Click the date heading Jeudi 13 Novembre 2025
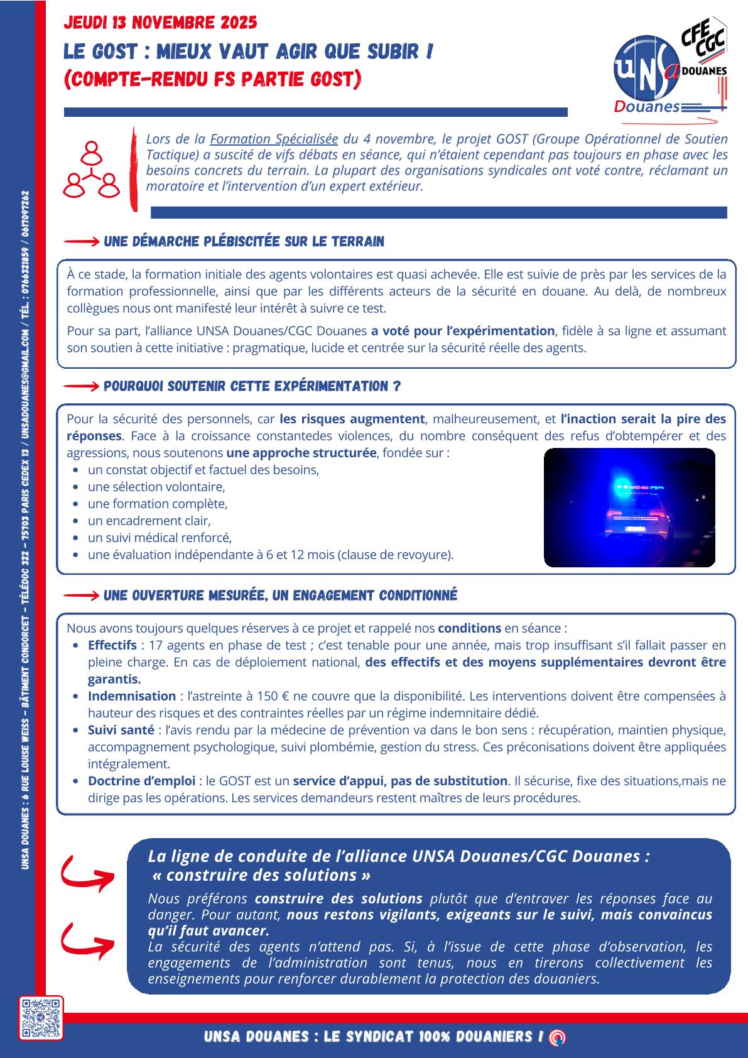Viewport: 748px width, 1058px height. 161,23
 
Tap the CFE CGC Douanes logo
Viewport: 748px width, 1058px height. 703,50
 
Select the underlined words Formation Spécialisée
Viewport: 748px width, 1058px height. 274,139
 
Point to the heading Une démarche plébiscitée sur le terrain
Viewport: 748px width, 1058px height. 244,242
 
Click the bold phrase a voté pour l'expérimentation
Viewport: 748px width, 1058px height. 462,331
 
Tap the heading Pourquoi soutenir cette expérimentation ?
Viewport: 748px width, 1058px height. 252,386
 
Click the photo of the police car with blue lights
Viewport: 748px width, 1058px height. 629,508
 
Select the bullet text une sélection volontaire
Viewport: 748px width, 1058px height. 156,487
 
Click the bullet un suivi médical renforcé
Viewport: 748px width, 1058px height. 160,538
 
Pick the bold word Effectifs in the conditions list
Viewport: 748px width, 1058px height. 112,645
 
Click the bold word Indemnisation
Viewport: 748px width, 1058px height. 132,696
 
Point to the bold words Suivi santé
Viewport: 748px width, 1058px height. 121,730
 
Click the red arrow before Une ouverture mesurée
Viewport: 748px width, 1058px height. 82,595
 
